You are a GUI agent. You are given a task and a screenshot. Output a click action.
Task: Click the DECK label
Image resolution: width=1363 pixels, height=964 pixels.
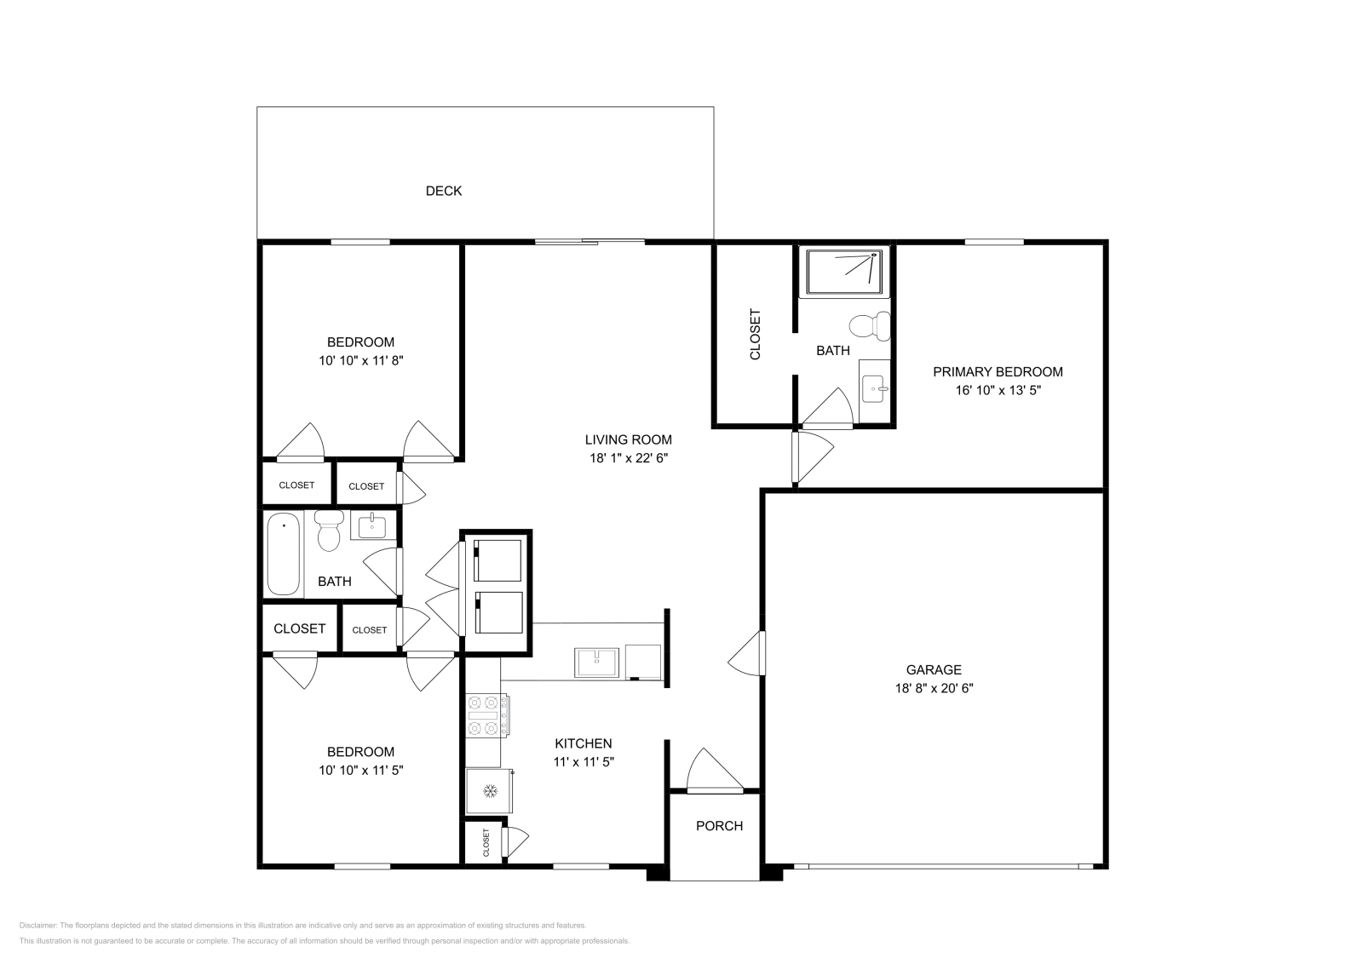pos(443,191)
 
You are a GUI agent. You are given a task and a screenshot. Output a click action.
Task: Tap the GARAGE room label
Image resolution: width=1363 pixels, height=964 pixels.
pos(934,670)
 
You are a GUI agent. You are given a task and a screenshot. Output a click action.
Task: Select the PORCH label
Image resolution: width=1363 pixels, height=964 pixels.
pos(719,826)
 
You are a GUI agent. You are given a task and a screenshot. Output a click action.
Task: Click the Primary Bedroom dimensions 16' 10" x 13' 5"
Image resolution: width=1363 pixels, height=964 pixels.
pos(998,391)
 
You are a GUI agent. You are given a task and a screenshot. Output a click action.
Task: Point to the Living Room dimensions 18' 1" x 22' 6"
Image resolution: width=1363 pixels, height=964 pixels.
pos(628,458)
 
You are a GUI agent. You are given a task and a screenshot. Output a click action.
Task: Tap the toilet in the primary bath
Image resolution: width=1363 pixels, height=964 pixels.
pos(871,326)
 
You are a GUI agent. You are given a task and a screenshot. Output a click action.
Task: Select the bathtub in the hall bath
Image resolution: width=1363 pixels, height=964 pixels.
pos(284,554)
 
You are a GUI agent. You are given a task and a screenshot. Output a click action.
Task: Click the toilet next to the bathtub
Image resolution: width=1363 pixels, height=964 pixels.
pos(328,530)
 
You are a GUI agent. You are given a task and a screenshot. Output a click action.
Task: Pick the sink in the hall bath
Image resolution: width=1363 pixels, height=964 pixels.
pos(372,526)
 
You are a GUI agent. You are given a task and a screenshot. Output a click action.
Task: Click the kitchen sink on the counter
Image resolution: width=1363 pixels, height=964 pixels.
pos(596,662)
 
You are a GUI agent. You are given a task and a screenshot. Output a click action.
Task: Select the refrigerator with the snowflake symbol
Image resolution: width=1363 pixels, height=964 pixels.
pos(489,791)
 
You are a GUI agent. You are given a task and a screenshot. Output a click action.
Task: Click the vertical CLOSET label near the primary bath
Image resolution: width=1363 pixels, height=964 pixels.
pos(755,334)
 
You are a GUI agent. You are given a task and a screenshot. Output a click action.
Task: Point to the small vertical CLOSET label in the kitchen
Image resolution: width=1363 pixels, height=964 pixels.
pos(486,842)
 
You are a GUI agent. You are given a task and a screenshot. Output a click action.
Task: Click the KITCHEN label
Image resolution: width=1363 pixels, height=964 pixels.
pos(584,743)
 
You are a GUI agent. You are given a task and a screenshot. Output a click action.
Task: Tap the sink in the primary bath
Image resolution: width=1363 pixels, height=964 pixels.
pos(875,389)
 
